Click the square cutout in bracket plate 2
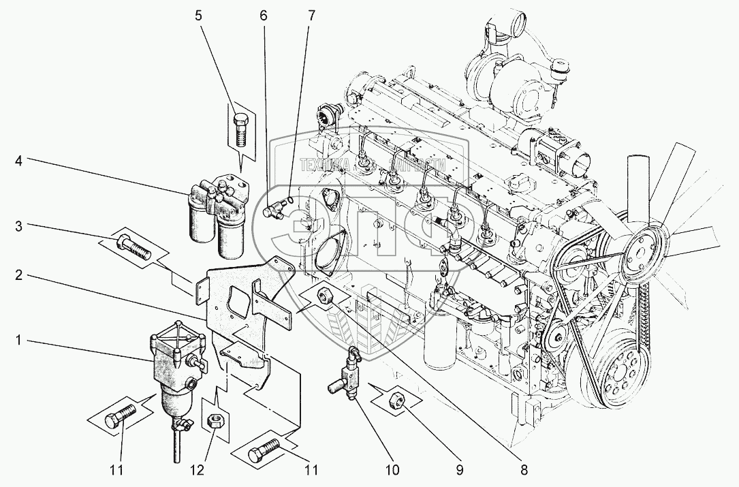pos(238,299)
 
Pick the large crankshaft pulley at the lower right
pos(620,373)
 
